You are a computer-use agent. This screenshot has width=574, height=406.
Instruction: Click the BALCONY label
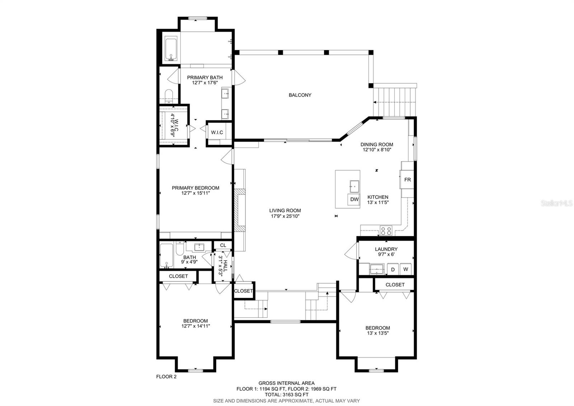click(300, 95)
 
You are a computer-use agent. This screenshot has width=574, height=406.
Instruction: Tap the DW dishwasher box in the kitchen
click(354, 199)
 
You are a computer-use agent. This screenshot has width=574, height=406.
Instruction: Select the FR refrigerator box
click(407, 180)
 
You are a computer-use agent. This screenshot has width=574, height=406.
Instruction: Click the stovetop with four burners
click(386, 230)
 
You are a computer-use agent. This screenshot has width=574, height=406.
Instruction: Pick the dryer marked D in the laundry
click(392, 269)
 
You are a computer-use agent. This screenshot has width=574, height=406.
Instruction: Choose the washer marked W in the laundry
click(406, 269)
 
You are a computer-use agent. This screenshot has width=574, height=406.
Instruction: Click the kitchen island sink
click(354, 186)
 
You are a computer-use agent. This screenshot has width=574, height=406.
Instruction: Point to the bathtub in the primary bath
click(171, 49)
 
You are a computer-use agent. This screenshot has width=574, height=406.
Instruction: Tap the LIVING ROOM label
click(285, 211)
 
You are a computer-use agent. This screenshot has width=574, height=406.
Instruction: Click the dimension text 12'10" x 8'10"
click(377, 149)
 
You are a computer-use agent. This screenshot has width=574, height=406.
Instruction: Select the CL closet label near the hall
click(223, 245)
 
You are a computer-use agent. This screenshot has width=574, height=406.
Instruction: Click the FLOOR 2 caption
click(166, 377)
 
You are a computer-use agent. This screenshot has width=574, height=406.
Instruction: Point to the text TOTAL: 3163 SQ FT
click(287, 395)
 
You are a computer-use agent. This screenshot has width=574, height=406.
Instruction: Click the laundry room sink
click(377, 269)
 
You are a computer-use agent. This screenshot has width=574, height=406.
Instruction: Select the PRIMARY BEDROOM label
click(196, 188)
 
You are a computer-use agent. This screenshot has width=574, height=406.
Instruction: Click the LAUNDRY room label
click(386, 249)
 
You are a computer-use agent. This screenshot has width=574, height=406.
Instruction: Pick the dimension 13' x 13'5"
click(378, 333)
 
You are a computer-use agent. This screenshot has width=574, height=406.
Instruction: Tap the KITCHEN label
click(378, 197)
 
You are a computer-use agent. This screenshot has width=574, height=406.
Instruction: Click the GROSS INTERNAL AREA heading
click(287, 383)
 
